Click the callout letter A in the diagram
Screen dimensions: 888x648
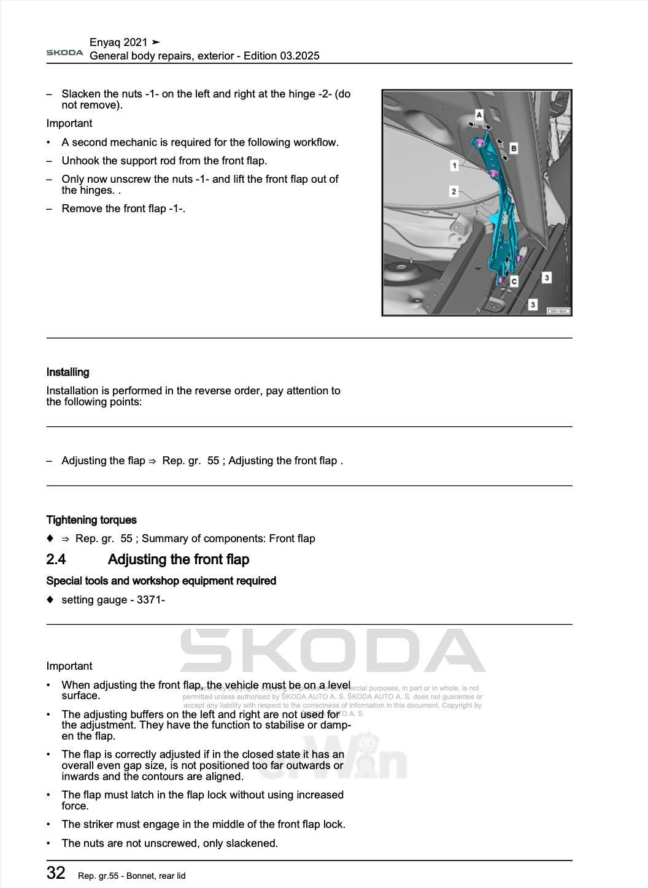coord(479,115)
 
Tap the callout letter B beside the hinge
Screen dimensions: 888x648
coord(514,148)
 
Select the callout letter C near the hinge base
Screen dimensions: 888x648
coord(514,281)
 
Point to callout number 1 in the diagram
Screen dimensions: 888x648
coord(454,165)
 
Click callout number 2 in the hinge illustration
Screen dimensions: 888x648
coord(453,191)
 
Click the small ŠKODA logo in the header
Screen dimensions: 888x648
coord(64,53)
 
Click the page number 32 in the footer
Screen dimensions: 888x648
coord(56,873)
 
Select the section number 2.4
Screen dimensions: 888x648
coord(56,559)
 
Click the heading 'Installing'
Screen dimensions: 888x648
coord(67,372)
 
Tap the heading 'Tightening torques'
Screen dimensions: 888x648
coord(91,520)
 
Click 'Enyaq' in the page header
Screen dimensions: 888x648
coord(105,42)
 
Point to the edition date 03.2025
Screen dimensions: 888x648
coord(299,56)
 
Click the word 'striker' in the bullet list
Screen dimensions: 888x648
coord(98,824)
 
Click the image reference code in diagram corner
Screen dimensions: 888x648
coord(558,311)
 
